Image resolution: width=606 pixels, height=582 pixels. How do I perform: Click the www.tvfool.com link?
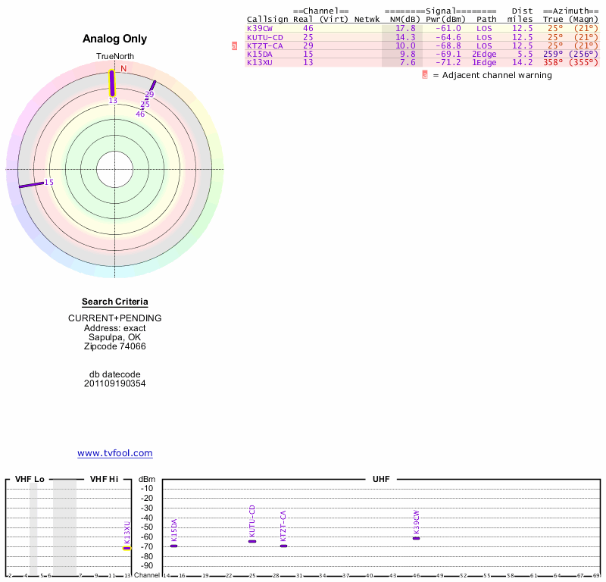[x=115, y=453]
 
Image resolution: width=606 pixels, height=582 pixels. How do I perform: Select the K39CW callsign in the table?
[x=259, y=28]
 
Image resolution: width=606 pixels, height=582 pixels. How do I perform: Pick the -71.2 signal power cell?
[x=448, y=62]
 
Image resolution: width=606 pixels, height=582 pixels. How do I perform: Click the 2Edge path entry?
[x=484, y=54]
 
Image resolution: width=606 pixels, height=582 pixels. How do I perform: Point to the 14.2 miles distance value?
[x=522, y=62]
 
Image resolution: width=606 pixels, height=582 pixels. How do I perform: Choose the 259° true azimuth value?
[x=553, y=54]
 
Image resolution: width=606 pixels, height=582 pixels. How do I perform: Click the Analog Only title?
[x=114, y=39]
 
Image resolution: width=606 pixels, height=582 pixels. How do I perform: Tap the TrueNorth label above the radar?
[x=114, y=57]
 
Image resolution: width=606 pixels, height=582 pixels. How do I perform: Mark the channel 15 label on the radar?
[x=49, y=182]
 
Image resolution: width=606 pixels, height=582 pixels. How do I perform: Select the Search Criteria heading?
[x=114, y=302]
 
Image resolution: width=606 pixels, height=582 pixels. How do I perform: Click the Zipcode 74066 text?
[x=114, y=346]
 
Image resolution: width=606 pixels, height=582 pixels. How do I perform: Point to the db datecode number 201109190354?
[x=114, y=383]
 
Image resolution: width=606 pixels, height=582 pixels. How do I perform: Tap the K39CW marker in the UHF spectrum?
[x=416, y=538]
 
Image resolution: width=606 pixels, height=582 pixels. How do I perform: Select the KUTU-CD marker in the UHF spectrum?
[x=252, y=541]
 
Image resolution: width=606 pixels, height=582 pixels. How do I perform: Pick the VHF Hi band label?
[x=104, y=480]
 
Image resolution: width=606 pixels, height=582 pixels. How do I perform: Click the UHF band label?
[x=380, y=480]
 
